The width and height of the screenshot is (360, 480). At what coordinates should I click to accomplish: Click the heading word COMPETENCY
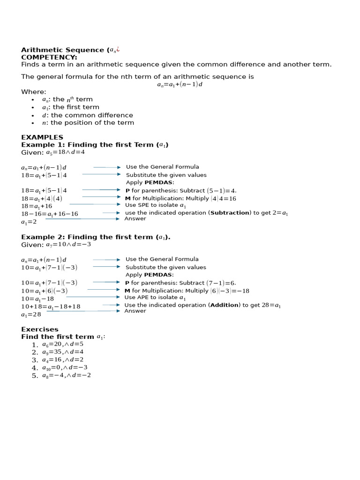49,57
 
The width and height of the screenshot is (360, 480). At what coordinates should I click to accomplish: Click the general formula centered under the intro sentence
180,85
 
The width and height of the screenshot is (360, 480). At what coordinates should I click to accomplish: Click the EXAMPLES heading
42,137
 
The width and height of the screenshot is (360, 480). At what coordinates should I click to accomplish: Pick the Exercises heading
40,330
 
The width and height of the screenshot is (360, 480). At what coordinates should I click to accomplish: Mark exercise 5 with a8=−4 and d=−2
66,375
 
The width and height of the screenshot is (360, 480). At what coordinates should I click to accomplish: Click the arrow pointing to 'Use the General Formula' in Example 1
107,167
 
